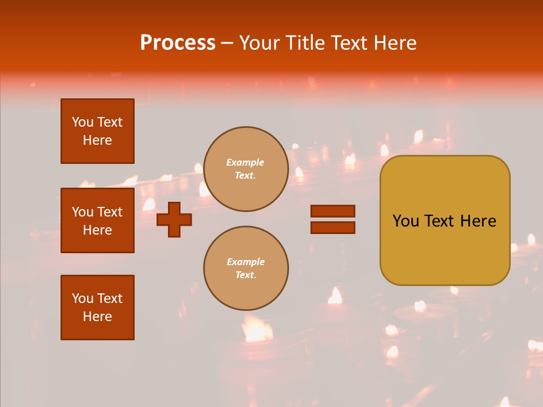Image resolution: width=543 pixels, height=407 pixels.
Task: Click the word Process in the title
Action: [x=178, y=43]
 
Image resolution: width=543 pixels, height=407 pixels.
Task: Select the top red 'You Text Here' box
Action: [x=97, y=131]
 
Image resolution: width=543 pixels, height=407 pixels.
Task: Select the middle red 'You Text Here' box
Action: [x=97, y=220]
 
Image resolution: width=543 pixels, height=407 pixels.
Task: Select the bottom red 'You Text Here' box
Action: [x=97, y=308]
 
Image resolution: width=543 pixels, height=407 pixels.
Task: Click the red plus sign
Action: [x=174, y=219]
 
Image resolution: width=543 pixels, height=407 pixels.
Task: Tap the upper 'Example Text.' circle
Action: [x=246, y=169]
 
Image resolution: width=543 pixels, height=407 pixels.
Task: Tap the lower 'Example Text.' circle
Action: [x=246, y=269]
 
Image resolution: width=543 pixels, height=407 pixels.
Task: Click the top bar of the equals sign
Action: [x=333, y=211]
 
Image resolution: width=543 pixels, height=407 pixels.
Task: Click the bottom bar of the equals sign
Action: [x=333, y=227]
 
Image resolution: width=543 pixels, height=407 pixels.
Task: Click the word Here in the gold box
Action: [x=479, y=221]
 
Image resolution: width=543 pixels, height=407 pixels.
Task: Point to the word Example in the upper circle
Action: [x=245, y=162]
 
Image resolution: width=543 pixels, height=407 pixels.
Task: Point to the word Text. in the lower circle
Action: [x=245, y=275]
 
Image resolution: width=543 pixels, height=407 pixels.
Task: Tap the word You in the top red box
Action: [x=83, y=122]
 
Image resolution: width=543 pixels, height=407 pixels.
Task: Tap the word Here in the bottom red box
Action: [x=97, y=317]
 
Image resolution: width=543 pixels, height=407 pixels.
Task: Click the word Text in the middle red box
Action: [x=110, y=212]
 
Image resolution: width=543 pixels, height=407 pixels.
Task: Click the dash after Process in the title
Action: [x=227, y=43]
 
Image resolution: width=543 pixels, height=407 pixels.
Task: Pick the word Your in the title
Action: [x=262, y=43]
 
